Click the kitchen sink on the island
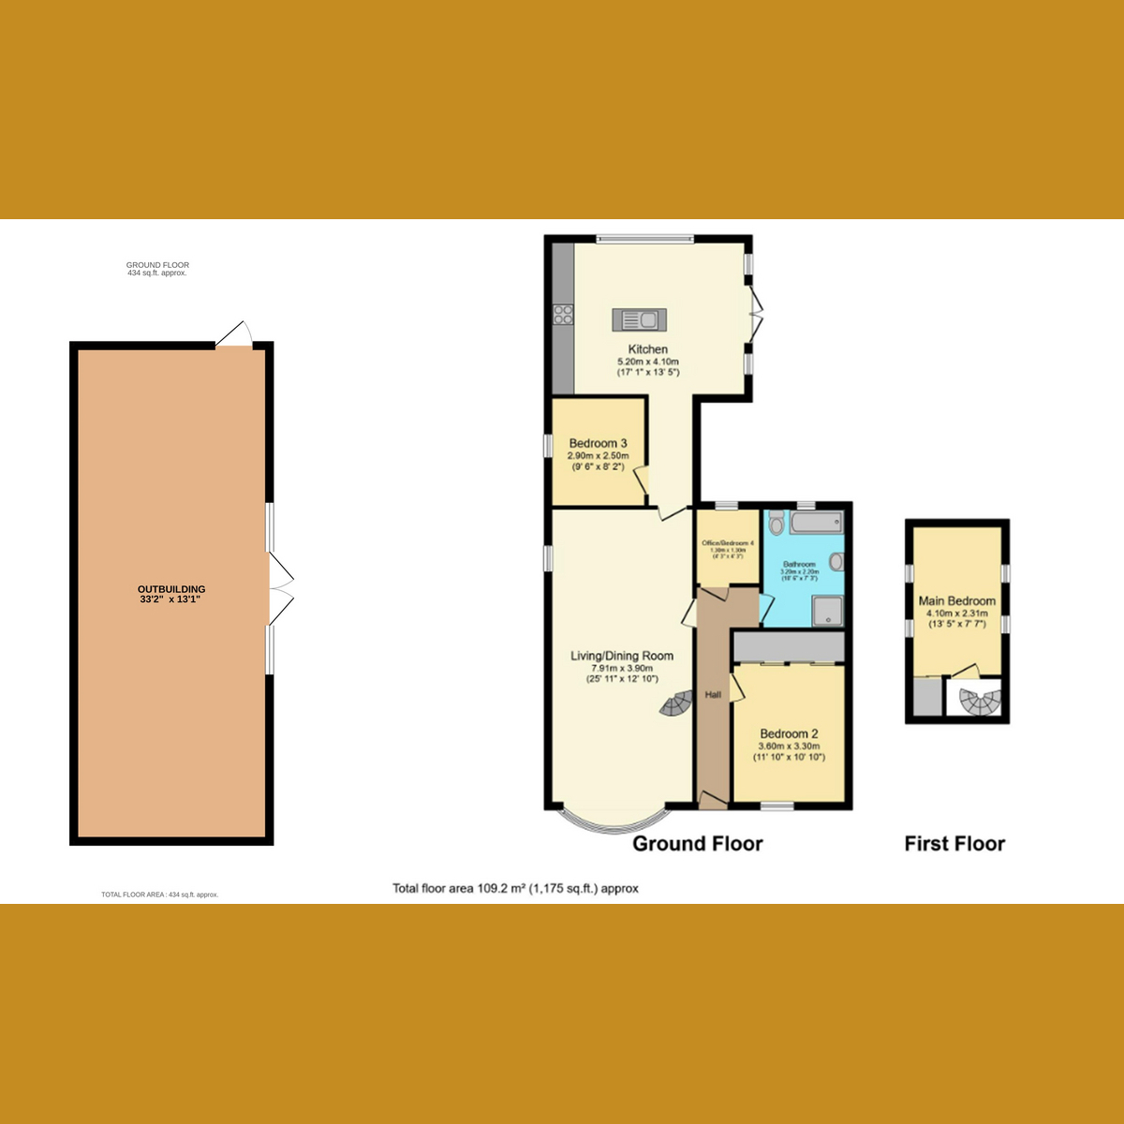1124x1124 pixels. (x=638, y=320)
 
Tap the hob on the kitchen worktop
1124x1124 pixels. (x=563, y=315)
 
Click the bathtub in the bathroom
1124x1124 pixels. (x=816, y=523)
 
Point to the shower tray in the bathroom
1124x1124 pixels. (x=828, y=611)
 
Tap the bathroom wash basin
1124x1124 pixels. (x=836, y=562)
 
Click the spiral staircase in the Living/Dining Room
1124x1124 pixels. (x=676, y=704)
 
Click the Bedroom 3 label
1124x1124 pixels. (x=598, y=443)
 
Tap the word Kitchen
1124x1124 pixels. (x=648, y=349)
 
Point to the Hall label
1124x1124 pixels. (x=713, y=695)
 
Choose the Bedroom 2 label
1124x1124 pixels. (x=790, y=733)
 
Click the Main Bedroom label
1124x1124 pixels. (x=956, y=600)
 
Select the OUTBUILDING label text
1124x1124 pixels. (x=171, y=589)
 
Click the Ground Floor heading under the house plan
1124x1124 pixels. (x=698, y=844)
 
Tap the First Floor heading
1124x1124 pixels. (x=954, y=844)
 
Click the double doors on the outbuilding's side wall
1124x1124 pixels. (x=280, y=588)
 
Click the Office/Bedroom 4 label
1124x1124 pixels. (x=728, y=543)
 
